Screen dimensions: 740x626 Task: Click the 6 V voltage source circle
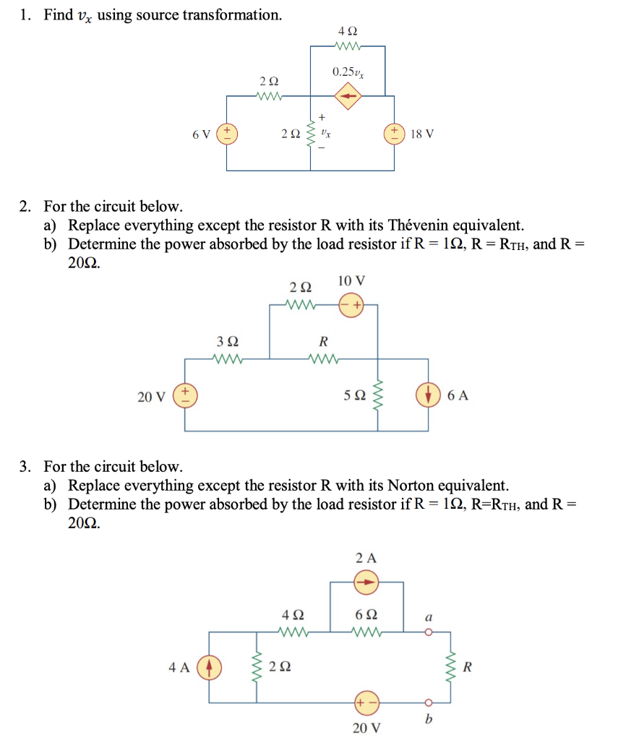click(x=227, y=134)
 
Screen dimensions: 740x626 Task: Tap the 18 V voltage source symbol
click(x=395, y=134)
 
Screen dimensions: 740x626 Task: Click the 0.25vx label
click(x=348, y=72)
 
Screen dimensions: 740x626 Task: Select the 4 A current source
click(x=209, y=667)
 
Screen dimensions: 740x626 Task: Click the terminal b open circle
click(x=428, y=702)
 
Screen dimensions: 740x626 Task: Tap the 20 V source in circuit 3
click(x=366, y=702)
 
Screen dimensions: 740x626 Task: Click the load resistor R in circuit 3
click(x=453, y=667)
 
